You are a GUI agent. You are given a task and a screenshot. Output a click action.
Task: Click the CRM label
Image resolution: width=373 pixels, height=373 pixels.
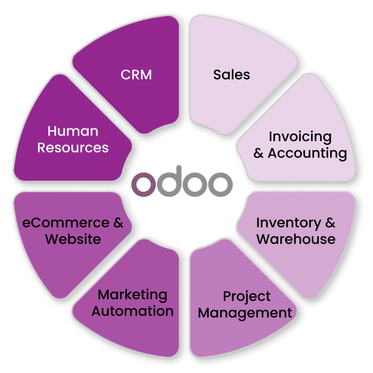pos(136,75)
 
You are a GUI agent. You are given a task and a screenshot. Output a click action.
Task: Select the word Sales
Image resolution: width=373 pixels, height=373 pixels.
pos(232,75)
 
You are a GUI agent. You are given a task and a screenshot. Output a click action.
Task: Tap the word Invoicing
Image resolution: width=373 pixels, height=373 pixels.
pos(300,137)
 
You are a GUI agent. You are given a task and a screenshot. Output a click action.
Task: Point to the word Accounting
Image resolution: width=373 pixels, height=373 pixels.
pos(307,153)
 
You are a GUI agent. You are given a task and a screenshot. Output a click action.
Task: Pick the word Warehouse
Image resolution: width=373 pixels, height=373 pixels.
pos(296,239)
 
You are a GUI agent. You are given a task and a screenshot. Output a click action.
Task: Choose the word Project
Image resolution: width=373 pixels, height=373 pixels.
pos(247,296)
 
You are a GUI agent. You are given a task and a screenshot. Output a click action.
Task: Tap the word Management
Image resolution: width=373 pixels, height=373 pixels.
pos(245,313)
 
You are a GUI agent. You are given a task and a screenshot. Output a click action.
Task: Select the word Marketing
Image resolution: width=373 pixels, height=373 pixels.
pos(133,295)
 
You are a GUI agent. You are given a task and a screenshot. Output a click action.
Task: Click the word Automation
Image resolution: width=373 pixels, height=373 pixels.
pos(133,311)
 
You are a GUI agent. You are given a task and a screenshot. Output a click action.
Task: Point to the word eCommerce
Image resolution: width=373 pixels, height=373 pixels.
pos(66,223)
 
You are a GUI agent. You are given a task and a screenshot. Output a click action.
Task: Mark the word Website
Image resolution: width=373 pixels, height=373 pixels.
pos(73,239)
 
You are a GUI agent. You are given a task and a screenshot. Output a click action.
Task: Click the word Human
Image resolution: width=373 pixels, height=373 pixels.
pos(73,131)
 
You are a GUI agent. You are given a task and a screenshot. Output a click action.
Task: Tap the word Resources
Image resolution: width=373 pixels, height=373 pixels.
pos(73,148)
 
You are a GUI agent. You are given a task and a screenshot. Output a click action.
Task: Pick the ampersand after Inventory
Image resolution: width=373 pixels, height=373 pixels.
pos(330,223)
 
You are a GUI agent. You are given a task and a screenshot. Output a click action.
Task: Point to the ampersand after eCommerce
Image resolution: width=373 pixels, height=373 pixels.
pos(118,223)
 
